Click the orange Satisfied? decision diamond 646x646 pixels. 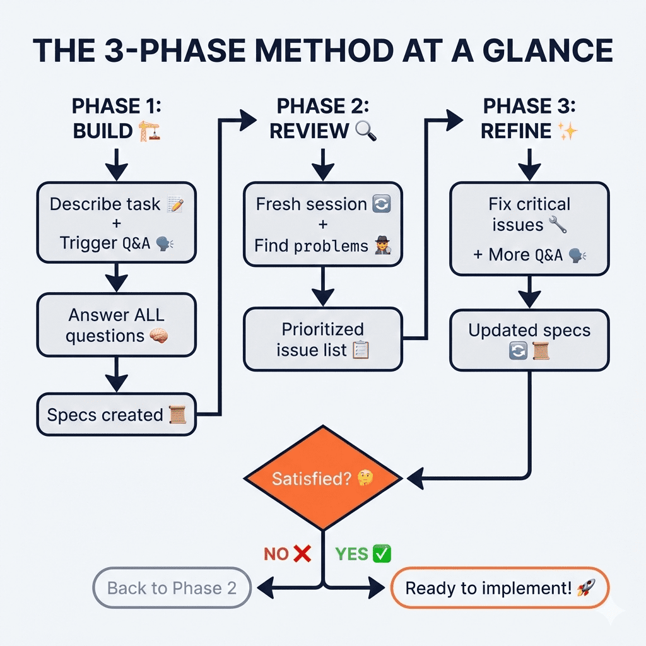(x=322, y=478)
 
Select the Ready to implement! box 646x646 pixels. (x=500, y=588)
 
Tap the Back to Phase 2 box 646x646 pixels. (x=172, y=588)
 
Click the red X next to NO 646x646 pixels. (x=303, y=554)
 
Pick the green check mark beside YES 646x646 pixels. (x=382, y=554)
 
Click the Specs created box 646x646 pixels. (x=116, y=415)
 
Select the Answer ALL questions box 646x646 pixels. (x=116, y=326)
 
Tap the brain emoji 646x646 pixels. (x=159, y=337)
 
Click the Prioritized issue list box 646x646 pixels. (x=322, y=339)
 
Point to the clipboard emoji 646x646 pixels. (x=360, y=349)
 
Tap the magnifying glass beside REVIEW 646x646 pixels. (x=366, y=131)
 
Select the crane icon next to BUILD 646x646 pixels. (x=149, y=131)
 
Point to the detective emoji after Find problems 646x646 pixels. (x=383, y=246)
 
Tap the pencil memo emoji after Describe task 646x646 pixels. (x=177, y=204)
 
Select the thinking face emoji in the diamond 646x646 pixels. (x=365, y=479)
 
